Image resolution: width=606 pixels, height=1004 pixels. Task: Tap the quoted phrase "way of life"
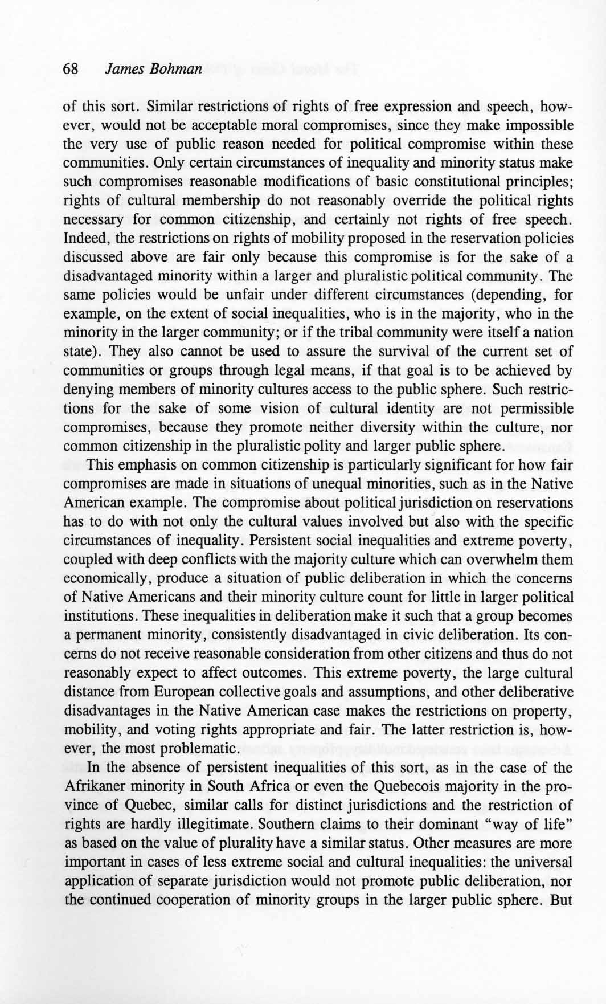pos(532,824)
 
